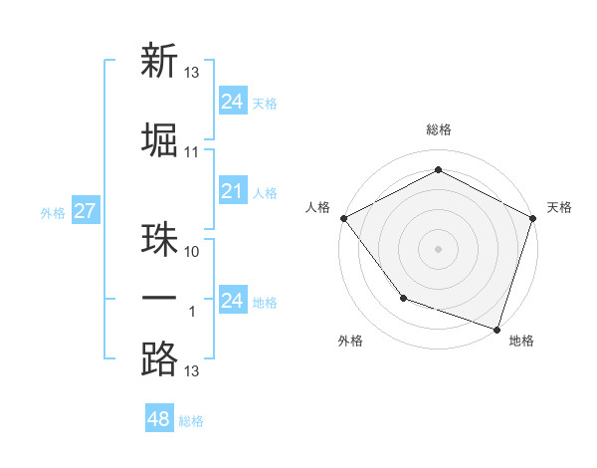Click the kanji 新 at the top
tap(159, 62)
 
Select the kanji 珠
tap(159, 242)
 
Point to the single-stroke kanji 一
tap(159, 300)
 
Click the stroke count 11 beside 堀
tap(192, 152)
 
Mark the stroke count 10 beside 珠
tap(192, 252)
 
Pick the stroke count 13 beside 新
tap(192, 73)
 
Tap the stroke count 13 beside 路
tap(192, 371)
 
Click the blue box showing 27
tap(85, 210)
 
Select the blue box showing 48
tap(158, 419)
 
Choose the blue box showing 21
tap(232, 191)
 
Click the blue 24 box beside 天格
tap(232, 101)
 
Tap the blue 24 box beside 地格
tap(232, 300)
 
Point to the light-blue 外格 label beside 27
tap(53, 212)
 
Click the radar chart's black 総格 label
tap(438, 130)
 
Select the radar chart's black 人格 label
tap(318, 207)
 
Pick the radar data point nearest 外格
tap(403, 297)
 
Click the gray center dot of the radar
tap(438, 248)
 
